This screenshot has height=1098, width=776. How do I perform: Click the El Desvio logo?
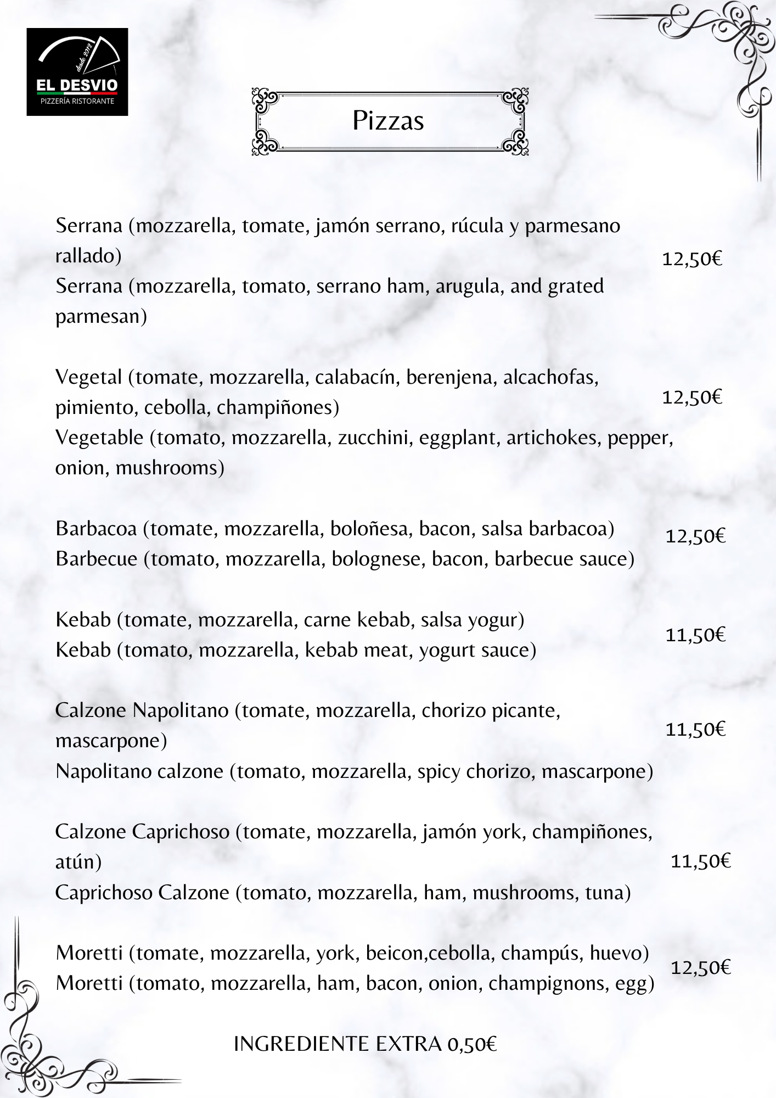pyautogui.click(x=77, y=72)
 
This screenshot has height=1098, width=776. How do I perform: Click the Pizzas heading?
pyautogui.click(x=388, y=120)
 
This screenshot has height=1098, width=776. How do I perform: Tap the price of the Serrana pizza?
pyautogui.click(x=692, y=259)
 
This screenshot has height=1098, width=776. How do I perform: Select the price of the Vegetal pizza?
pyautogui.click(x=692, y=397)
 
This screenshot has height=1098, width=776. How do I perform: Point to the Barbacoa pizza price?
pyautogui.click(x=695, y=536)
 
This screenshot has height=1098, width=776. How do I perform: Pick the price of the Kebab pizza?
pyautogui.click(x=695, y=635)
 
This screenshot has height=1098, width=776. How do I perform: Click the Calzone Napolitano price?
pyautogui.click(x=695, y=730)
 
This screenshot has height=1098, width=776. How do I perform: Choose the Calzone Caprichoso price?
pyautogui.click(x=701, y=861)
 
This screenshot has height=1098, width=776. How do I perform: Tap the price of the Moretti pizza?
pyautogui.click(x=701, y=967)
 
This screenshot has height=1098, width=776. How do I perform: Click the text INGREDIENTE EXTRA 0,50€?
pyautogui.click(x=365, y=1044)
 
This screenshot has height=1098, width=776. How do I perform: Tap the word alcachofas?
pyautogui.click(x=550, y=378)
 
